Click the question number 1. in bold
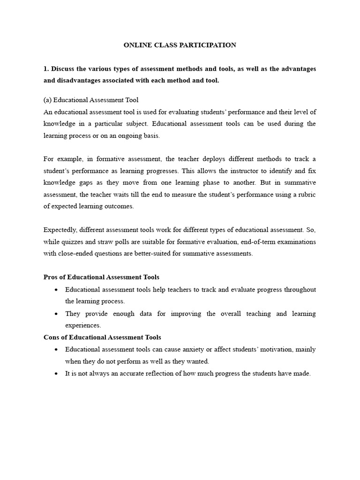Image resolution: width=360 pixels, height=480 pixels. coord(46,69)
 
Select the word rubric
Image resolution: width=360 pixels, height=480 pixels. coord(305,194)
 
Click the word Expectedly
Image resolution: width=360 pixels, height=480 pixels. coord(60,230)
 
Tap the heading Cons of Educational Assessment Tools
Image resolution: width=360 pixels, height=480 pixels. coord(102,337)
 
